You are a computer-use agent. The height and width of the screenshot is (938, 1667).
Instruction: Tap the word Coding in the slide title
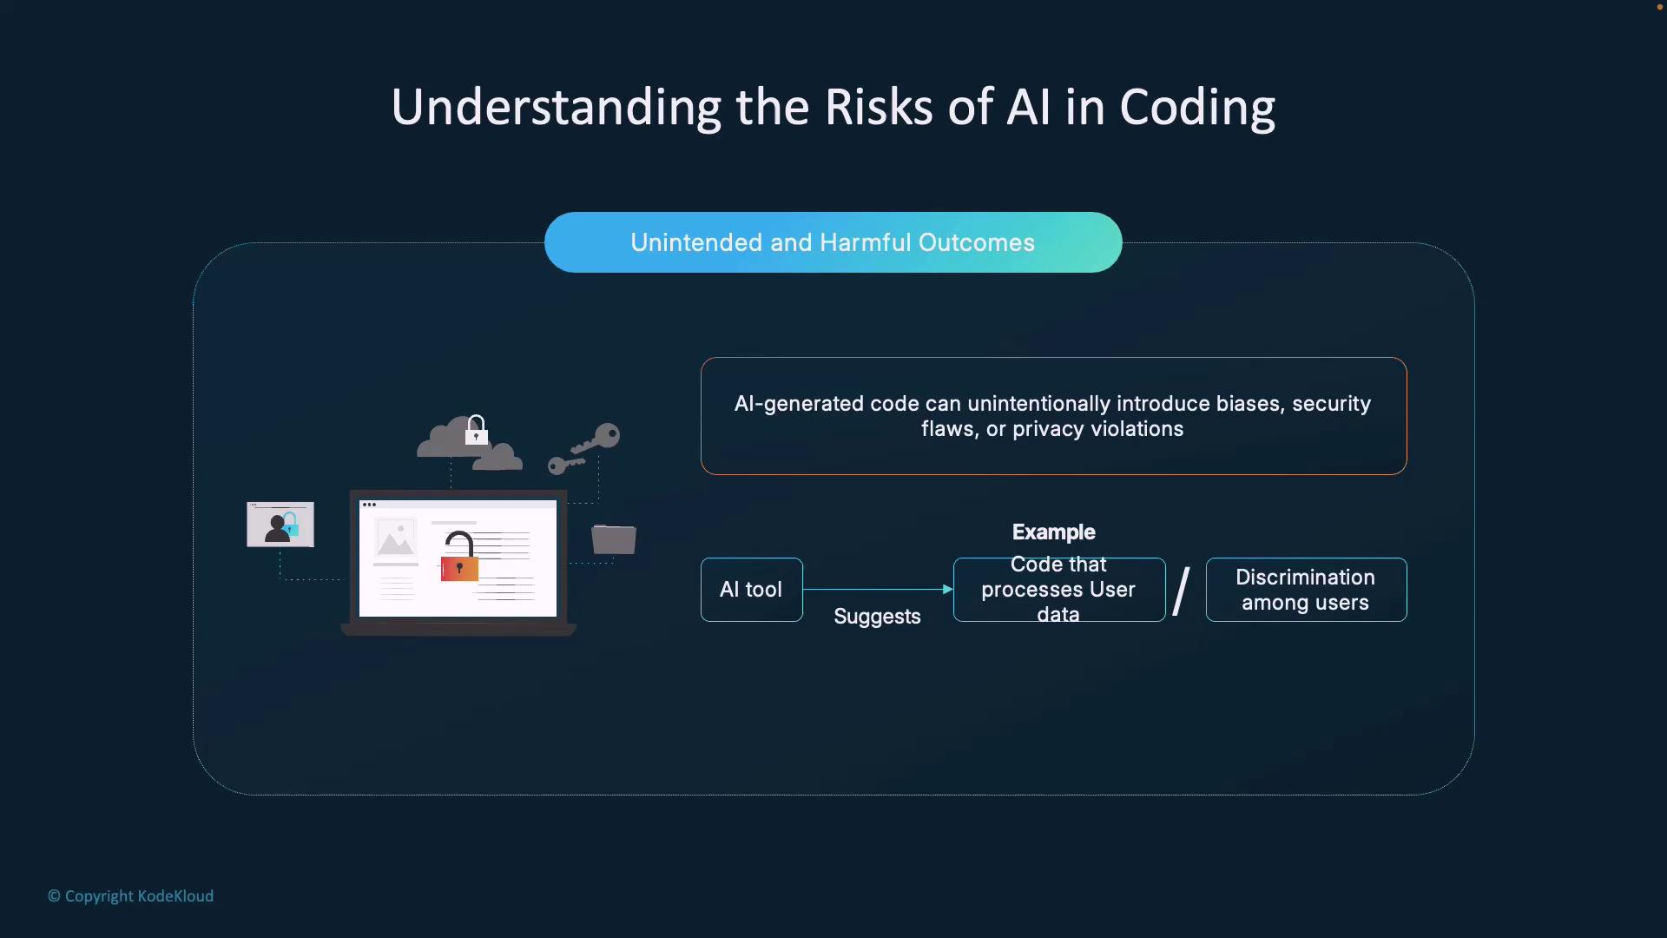point(1197,109)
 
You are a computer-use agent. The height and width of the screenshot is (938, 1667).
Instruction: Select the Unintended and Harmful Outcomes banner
point(833,242)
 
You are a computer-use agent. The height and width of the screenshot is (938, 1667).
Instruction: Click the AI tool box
point(752,590)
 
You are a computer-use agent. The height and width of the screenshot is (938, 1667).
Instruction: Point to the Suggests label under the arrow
point(877,617)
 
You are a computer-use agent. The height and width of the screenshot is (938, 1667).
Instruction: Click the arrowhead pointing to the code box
point(948,590)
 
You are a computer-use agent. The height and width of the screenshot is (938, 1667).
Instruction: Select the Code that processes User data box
point(1059,590)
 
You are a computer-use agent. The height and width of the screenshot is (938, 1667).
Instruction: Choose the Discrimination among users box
point(1306,590)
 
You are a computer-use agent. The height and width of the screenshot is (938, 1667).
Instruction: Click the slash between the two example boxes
point(1182,591)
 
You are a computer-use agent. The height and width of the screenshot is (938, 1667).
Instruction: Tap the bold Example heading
point(1054,532)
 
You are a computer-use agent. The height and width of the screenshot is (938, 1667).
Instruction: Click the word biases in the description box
point(1249,404)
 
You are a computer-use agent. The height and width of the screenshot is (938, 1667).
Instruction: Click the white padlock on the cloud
point(476,430)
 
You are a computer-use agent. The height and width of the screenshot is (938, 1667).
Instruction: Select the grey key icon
point(583,448)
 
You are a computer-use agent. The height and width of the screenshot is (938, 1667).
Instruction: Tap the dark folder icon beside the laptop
point(614,538)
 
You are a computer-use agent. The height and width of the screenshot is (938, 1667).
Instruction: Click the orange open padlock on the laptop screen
point(459,557)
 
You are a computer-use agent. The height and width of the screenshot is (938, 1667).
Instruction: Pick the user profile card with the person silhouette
point(280,524)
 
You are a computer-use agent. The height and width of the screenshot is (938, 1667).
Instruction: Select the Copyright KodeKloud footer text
point(130,896)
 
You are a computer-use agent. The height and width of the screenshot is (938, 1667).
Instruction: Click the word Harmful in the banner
point(865,242)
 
